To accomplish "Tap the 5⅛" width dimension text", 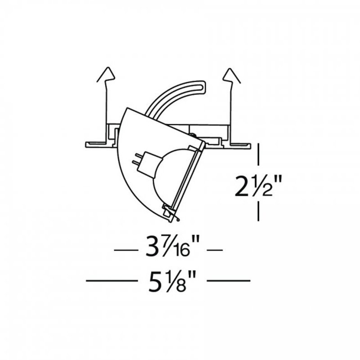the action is click(172, 281).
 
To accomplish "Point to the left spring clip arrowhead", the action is click(106, 74).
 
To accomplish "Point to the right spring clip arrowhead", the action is click(231, 75).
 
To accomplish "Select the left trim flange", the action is click(96, 144).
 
